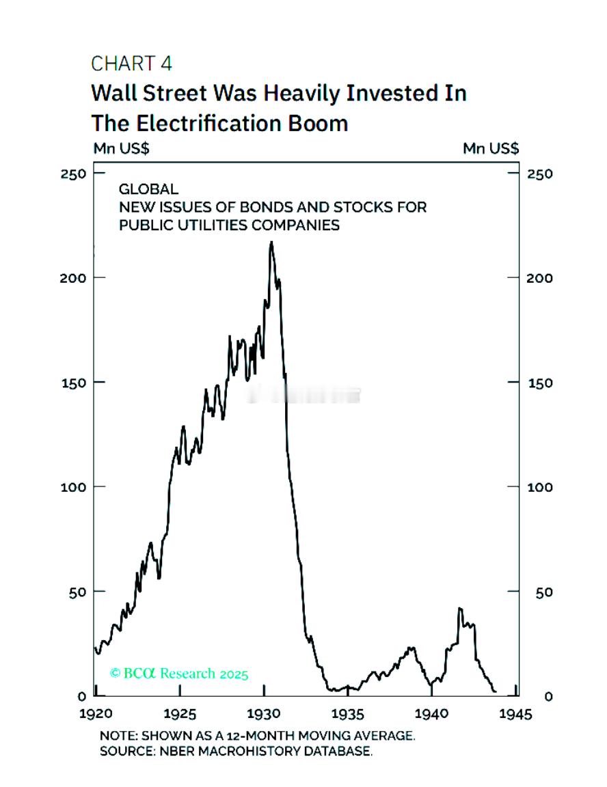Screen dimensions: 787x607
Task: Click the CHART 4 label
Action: click(131, 64)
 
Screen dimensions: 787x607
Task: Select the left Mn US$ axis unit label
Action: click(121, 148)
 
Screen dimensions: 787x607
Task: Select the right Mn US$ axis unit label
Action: click(490, 148)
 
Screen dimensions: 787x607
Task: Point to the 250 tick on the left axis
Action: click(77, 174)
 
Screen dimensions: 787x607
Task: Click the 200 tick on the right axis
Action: click(539, 278)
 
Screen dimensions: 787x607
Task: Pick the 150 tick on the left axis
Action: click(77, 383)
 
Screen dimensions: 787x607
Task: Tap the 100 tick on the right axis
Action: click(539, 487)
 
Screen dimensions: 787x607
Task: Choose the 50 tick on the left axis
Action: click(79, 592)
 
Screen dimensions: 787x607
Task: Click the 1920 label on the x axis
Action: click(96, 715)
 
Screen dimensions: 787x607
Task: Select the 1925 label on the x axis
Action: click(180, 715)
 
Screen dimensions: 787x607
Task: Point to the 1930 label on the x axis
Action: click(265, 715)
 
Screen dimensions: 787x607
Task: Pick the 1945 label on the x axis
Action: click(515, 715)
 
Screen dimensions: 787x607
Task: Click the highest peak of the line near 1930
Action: click(271, 242)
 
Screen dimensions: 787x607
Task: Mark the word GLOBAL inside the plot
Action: click(148, 189)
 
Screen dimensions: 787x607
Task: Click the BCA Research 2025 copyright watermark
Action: click(179, 674)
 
